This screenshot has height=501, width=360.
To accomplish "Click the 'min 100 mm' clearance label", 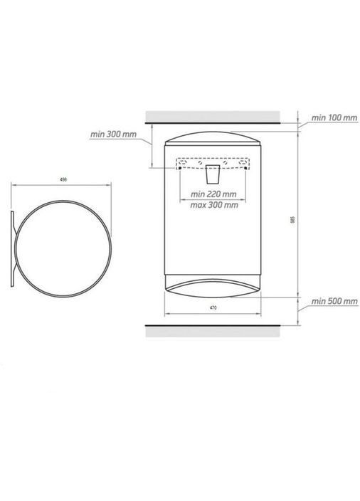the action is click(334, 117).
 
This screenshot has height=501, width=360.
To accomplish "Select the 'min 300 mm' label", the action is click(113, 135).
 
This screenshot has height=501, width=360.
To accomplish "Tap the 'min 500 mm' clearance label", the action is click(334, 301).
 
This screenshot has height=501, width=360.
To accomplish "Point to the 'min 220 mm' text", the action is click(213, 194).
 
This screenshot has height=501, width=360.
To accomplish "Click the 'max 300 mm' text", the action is click(214, 205).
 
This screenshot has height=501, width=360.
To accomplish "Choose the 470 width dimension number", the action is click(213, 307).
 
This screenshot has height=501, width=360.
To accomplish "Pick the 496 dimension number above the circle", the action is click(63, 179).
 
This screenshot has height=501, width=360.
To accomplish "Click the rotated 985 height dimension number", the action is click(292, 220).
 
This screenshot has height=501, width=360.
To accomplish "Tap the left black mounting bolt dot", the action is click(180, 168).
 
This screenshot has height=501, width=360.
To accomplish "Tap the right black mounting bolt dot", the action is click(245, 168).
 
